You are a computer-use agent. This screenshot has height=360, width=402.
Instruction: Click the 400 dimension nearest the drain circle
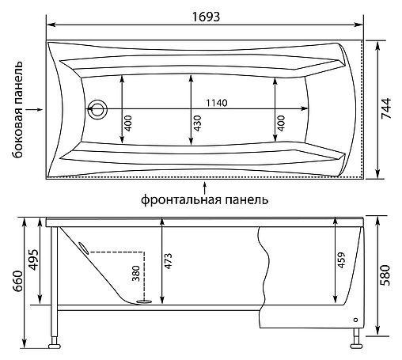[x=127, y=123]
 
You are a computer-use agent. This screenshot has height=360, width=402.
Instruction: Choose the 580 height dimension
[x=385, y=274]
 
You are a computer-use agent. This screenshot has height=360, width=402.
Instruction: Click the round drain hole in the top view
[x=98, y=108]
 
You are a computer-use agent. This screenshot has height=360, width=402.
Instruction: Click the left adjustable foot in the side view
[x=56, y=344]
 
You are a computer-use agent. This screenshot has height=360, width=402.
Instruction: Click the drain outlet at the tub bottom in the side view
[x=143, y=300]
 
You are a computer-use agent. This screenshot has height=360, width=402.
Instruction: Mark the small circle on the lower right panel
[x=355, y=320]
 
